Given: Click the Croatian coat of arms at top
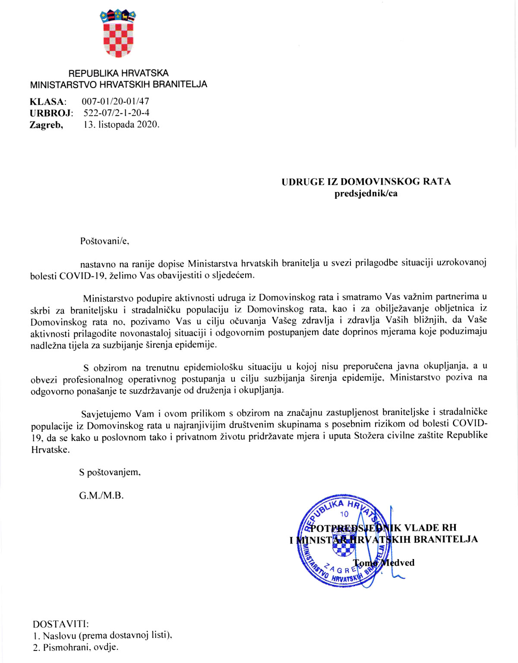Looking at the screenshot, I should pyautogui.click(x=118, y=34).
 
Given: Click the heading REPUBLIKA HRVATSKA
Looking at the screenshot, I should pyautogui.click(x=118, y=73).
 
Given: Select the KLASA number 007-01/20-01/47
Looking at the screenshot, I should pyautogui.click(x=115, y=101).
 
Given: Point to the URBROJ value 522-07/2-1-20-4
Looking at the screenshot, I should pyautogui.click(x=117, y=113).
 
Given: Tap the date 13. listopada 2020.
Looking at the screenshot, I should pyautogui.click(x=121, y=125).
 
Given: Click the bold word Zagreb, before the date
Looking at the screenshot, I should pyautogui.click(x=46, y=125).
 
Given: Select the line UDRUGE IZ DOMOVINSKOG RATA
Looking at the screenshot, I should pyautogui.click(x=366, y=182).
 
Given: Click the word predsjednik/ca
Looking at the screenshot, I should pyautogui.click(x=366, y=193).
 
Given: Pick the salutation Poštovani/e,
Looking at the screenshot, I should pyautogui.click(x=104, y=241).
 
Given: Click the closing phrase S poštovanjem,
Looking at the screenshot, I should pyautogui.click(x=110, y=472).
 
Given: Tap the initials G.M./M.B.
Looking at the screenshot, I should pyautogui.click(x=101, y=495).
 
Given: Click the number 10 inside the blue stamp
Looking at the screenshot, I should pyautogui.click(x=344, y=514).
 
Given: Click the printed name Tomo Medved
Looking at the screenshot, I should pyautogui.click(x=383, y=562).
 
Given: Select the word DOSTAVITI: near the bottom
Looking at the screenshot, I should pyautogui.click(x=61, y=624).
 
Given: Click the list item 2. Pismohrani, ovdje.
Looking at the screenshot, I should pyautogui.click(x=75, y=647).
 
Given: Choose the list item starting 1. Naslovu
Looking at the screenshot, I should pyautogui.click(x=102, y=635).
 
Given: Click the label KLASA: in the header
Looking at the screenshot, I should pyautogui.click(x=48, y=102).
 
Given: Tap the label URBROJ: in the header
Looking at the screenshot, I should pyautogui.click(x=51, y=113).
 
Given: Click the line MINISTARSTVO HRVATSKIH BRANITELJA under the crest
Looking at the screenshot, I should pyautogui.click(x=118, y=85).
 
